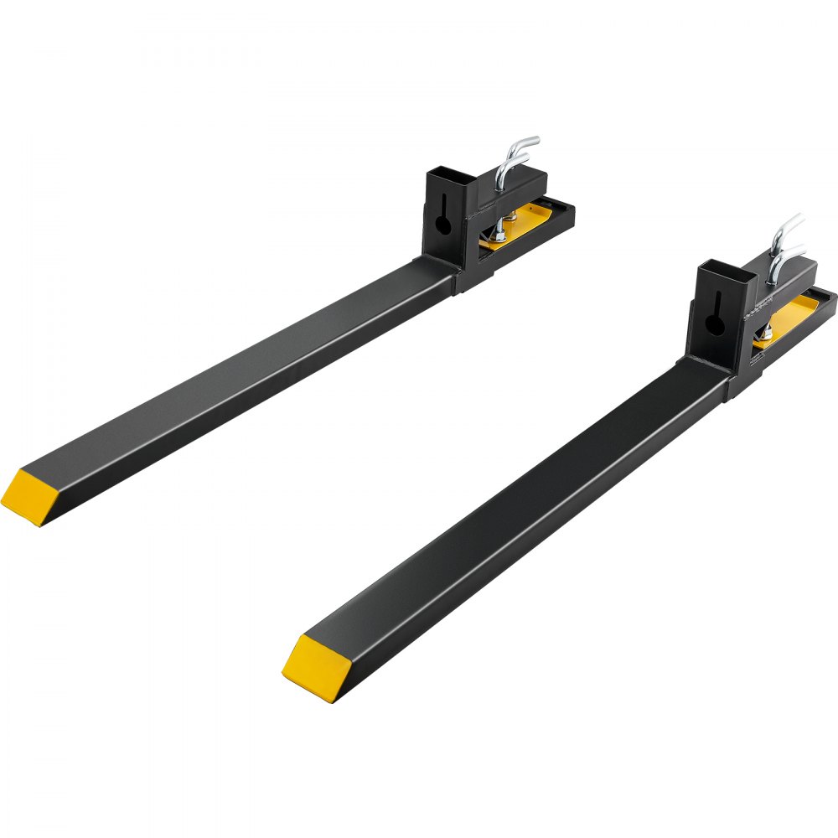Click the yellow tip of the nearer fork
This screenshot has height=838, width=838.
tap(313, 669)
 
